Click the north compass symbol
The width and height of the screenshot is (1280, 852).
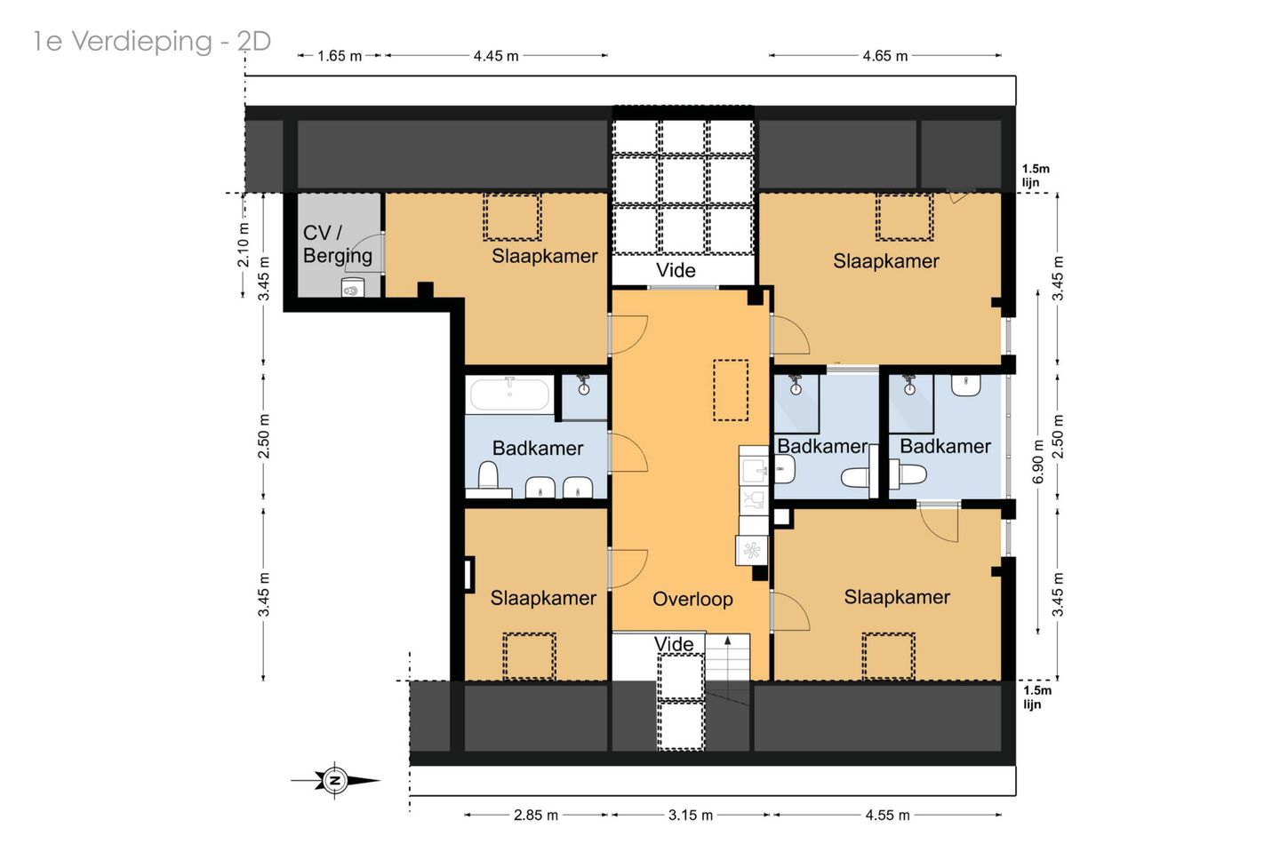(335, 780)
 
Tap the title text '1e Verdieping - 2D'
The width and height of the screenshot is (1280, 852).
(152, 41)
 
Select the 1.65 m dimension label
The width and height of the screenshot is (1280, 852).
(340, 56)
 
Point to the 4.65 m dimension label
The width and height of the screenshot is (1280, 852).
(884, 56)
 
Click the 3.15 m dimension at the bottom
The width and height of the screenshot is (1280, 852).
(691, 815)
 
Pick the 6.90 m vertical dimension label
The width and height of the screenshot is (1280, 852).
(1038, 461)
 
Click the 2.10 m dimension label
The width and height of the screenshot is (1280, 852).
(244, 244)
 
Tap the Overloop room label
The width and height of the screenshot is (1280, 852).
(692, 599)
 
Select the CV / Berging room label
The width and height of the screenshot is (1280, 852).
(337, 243)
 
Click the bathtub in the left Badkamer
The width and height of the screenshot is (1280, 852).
(509, 394)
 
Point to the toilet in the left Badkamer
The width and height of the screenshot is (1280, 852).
(488, 476)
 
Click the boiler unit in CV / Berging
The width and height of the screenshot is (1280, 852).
(353, 288)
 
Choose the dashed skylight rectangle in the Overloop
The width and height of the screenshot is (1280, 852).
(731, 390)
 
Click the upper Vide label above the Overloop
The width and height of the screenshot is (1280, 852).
(676, 270)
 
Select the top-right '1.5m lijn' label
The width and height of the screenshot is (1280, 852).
(1036, 175)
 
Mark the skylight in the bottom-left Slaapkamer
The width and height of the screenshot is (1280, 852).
(529, 657)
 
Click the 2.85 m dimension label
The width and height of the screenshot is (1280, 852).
(535, 815)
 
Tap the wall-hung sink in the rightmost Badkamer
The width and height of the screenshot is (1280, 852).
(965, 385)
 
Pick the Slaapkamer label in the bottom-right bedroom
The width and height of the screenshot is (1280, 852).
(897, 597)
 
